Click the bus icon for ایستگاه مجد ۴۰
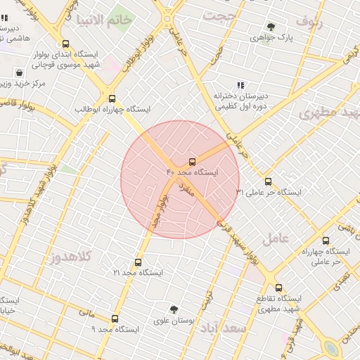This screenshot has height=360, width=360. pyautogui.click(x=193, y=161)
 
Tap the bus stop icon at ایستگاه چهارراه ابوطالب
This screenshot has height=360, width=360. pyautogui.click(x=112, y=98)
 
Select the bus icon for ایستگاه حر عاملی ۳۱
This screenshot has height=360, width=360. pyautogui.click(x=267, y=181)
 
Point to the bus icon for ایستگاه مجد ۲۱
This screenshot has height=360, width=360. pyautogui.click(x=138, y=262)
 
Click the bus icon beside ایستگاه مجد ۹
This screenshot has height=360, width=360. pyautogui.click(x=115, y=319)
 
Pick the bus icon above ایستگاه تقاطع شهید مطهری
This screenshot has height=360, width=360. pyautogui.click(x=278, y=288)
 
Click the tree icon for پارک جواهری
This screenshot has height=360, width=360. pyautogui.click(x=271, y=27)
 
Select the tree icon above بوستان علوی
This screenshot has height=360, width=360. pyautogui.click(x=174, y=309)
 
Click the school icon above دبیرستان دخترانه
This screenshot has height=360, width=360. pyautogui.click(x=240, y=85)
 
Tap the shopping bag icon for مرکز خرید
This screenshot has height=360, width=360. pyautogui.click(x=18, y=72)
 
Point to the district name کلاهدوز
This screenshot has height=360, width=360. pyautogui.click(x=71, y=257)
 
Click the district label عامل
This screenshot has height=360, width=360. pyautogui.click(x=276, y=238)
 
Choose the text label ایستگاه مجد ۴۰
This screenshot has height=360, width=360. pyautogui.click(x=192, y=172)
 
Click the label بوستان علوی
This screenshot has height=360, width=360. pyautogui.click(x=174, y=321)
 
